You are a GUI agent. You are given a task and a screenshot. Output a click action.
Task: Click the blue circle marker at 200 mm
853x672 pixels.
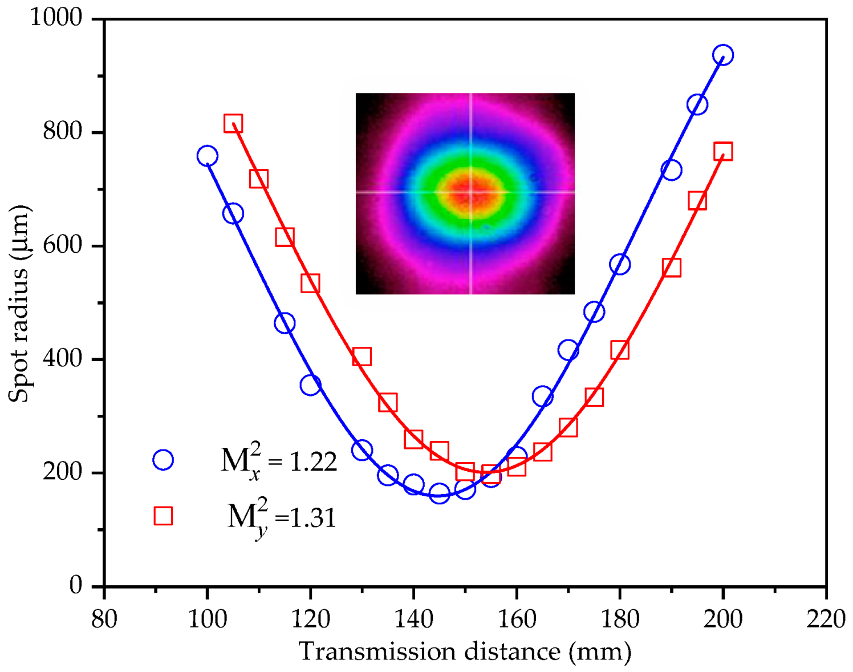(722, 55)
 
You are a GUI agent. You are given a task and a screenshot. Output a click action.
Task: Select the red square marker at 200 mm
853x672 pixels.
(722, 152)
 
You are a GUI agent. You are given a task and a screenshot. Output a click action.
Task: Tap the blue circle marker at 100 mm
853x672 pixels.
(207, 156)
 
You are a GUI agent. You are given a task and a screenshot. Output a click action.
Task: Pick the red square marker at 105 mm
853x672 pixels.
(233, 123)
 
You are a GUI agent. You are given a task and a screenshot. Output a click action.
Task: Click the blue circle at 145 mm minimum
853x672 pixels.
(439, 493)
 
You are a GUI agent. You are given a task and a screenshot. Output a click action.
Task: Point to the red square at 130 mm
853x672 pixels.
(361, 357)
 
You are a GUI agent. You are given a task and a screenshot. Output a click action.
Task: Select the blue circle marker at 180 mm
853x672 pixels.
(619, 264)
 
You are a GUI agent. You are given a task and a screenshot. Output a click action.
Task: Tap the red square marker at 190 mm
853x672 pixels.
(671, 268)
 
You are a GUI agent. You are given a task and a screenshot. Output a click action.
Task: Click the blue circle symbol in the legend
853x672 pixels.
(163, 460)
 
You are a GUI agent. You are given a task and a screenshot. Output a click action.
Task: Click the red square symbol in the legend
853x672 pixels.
(163, 516)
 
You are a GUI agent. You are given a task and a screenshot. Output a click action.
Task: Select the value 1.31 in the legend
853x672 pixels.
(313, 518)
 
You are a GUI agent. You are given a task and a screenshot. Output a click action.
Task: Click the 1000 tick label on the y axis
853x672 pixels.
(56, 18)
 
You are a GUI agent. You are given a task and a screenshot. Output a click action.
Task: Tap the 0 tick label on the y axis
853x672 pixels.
(76, 586)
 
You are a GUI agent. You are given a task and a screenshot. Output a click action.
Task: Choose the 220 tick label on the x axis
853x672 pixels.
(826, 618)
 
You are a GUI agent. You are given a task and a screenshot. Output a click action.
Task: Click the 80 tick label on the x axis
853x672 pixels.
(104, 618)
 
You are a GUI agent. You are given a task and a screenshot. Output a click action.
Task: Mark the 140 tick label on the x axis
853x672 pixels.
(413, 618)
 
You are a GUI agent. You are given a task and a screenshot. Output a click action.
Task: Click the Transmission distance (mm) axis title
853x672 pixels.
(465, 651)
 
